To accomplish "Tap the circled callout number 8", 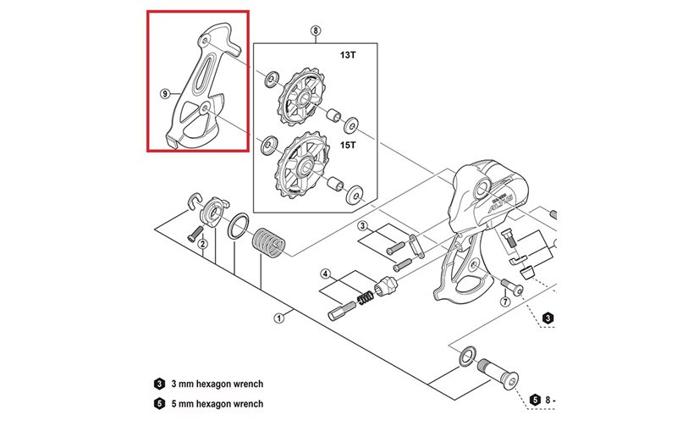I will pos(315,31).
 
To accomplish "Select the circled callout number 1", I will pos(278,318).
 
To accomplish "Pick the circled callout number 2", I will pos(203,244).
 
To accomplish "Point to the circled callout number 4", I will pos(325,274).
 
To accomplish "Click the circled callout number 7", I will pos(505,302).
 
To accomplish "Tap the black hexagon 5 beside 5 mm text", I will pos(160,404).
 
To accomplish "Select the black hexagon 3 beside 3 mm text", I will pos(160,383).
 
